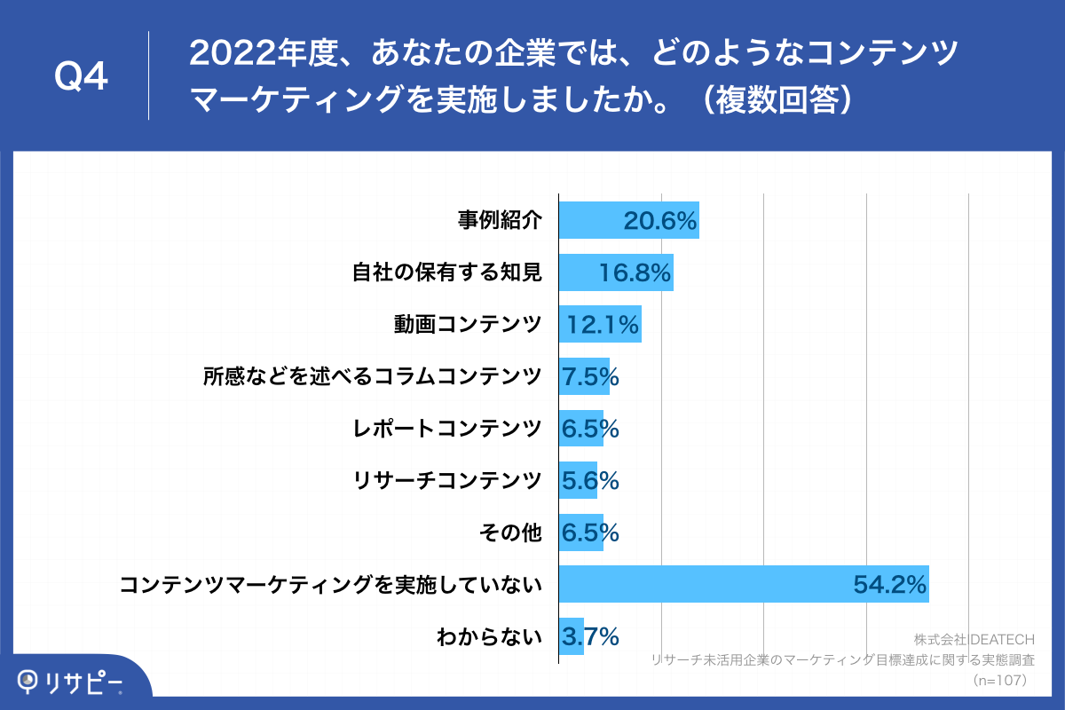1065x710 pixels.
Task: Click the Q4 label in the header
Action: [x=81, y=77]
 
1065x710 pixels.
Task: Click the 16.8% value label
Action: [x=634, y=273]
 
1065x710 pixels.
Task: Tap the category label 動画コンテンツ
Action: [x=468, y=324]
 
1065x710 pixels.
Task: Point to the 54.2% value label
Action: [x=890, y=584]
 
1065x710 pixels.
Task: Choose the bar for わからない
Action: [x=571, y=636]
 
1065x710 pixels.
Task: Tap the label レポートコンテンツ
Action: [x=447, y=429]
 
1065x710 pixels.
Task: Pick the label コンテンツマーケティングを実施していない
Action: [x=330, y=584]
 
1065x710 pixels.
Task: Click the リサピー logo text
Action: [x=85, y=682]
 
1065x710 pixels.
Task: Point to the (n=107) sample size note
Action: [x=1000, y=680]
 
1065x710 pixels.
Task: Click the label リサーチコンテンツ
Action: [x=447, y=480]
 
